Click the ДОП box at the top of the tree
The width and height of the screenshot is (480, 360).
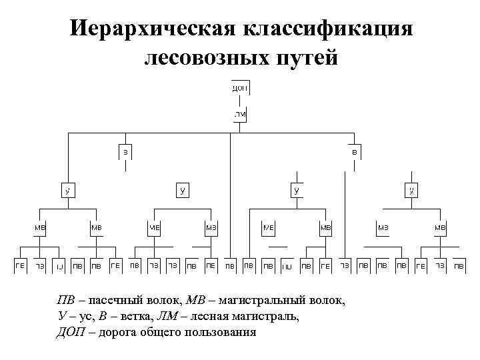pyautogui.click(x=240, y=88)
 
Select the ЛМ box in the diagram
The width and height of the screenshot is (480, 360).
pyautogui.click(x=240, y=115)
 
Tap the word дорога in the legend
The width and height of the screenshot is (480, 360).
pyautogui.click(x=116, y=331)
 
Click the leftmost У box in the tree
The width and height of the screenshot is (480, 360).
pyautogui.click(x=67, y=190)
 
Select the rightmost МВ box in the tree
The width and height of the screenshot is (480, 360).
pyautogui.click(x=440, y=227)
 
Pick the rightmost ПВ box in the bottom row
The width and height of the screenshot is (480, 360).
pyautogui.click(x=459, y=265)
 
